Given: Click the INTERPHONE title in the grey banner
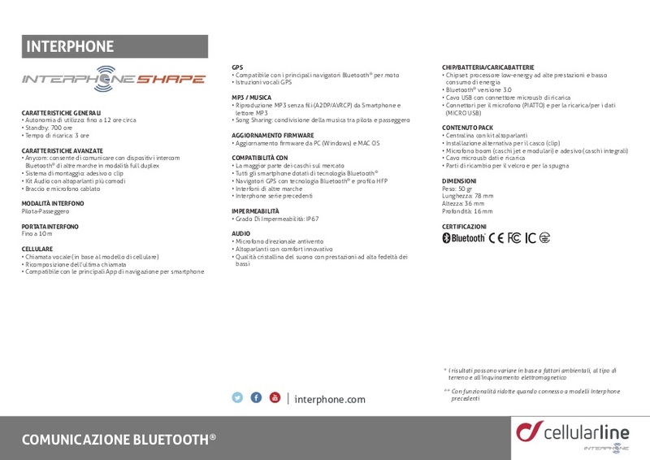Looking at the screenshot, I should (71, 46).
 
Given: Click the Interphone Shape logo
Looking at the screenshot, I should (113, 79).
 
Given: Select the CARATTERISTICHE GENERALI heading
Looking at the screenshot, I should (62, 112).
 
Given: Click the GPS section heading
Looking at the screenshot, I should (237, 67).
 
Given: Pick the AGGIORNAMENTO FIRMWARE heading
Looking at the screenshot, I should (273, 134).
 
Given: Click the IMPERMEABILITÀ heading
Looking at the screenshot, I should (260, 210).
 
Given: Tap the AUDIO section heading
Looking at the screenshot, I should (241, 233).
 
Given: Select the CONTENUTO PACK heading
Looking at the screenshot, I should (468, 128).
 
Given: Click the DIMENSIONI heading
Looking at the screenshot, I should (459, 180).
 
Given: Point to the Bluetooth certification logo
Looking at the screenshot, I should (463, 238).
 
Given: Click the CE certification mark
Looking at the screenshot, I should (496, 238).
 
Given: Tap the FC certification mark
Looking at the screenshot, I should (514, 238).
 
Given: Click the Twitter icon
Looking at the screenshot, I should (237, 397).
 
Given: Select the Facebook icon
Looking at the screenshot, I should (256, 397).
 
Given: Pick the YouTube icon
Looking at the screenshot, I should (275, 397).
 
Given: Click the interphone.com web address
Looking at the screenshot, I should (330, 399).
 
